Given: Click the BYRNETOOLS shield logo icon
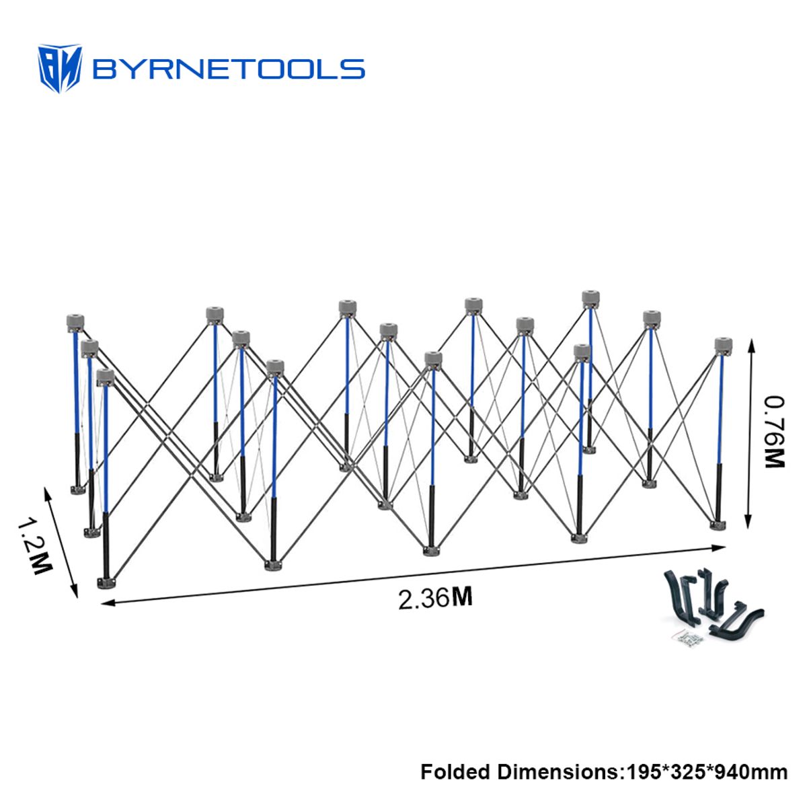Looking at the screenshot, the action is point(59,69).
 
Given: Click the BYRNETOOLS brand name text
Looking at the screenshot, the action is point(229,69).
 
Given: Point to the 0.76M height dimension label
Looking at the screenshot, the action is point(774,432).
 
